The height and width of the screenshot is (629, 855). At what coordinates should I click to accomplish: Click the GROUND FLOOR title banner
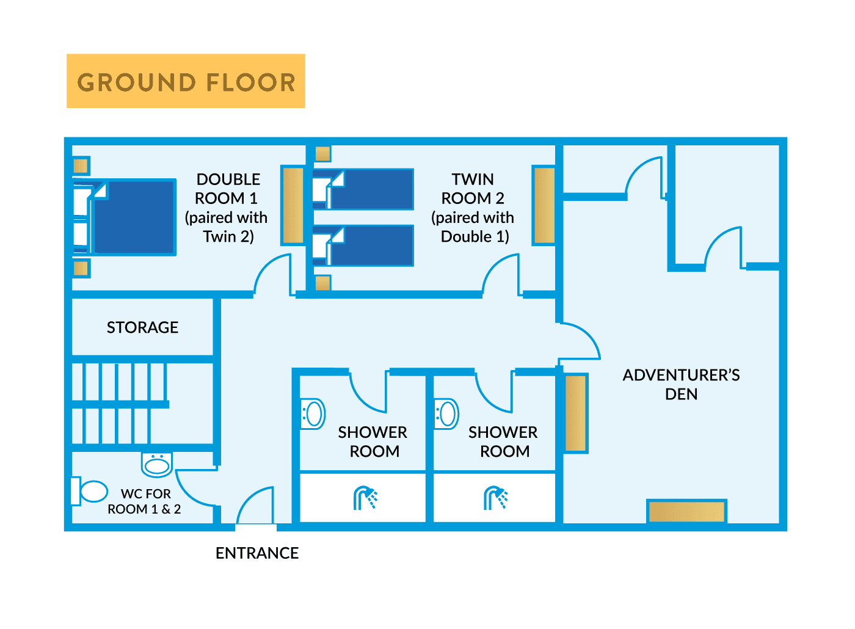pyautogui.click(x=186, y=81)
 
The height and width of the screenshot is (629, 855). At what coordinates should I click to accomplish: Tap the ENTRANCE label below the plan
pyautogui.click(x=257, y=553)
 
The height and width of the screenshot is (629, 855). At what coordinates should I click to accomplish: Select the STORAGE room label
pyautogui.click(x=142, y=328)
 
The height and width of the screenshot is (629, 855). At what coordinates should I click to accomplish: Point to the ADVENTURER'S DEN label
pyautogui.click(x=681, y=384)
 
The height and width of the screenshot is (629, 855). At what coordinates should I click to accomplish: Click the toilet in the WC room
pyautogui.click(x=90, y=492)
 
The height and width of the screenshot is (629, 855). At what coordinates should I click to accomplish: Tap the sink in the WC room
pyautogui.click(x=157, y=465)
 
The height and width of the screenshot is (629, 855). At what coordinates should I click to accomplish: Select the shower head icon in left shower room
pyautogui.click(x=365, y=498)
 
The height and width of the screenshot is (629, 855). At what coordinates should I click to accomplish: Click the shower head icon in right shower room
pyautogui.click(x=495, y=498)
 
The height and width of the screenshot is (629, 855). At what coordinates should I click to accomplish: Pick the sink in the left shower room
pyautogui.click(x=313, y=414)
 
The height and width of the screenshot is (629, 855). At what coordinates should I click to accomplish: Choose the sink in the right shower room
pyautogui.click(x=447, y=414)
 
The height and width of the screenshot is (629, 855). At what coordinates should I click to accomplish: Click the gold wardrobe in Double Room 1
pyautogui.click(x=293, y=205)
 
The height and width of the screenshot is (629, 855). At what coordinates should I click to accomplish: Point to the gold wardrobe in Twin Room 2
pyautogui.click(x=544, y=205)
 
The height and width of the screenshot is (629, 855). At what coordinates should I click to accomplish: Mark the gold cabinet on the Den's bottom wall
pyautogui.click(x=686, y=512)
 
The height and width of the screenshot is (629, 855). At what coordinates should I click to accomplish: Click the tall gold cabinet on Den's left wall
pyautogui.click(x=575, y=413)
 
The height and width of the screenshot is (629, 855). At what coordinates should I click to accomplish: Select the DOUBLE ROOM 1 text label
pyautogui.click(x=227, y=208)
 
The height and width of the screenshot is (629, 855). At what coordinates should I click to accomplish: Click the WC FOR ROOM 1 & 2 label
pyautogui.click(x=145, y=501)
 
